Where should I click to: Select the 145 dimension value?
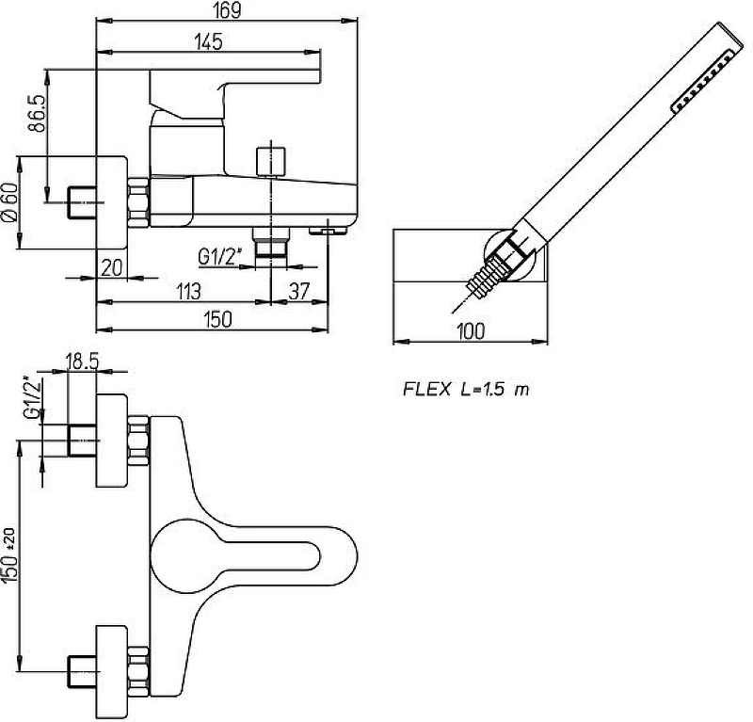point(209,41)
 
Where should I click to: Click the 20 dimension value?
point(112,267)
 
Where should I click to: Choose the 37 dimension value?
point(299,292)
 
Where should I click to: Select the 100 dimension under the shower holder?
point(471,329)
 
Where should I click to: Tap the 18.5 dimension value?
point(84,360)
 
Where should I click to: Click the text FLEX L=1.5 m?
point(466,388)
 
